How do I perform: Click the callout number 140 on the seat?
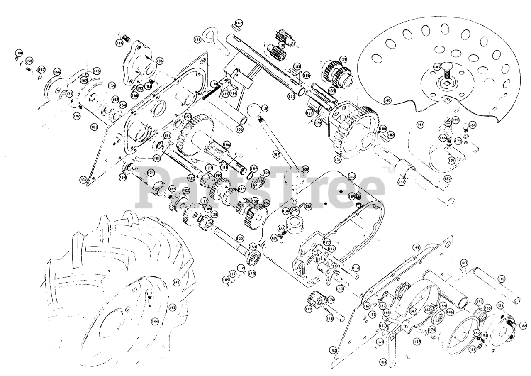coord(387,100)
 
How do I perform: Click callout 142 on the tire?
coord(176,282)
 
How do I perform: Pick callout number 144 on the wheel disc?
coord(155,321)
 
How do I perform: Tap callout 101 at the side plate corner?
coord(83,180)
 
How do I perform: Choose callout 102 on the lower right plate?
coord(332,350)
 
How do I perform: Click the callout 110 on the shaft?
coord(502,279)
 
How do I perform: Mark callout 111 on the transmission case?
coord(352,176)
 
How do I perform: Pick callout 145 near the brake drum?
coord(97,71)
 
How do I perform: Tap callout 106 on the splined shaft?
coord(227,144)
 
